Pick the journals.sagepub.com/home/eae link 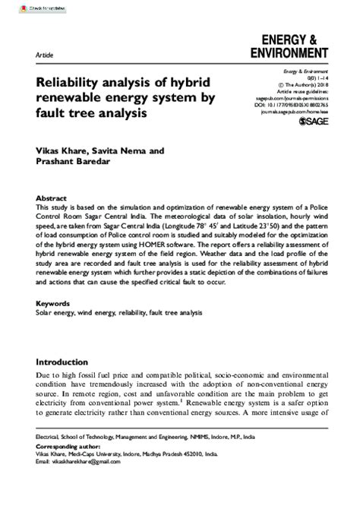click(299, 109)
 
